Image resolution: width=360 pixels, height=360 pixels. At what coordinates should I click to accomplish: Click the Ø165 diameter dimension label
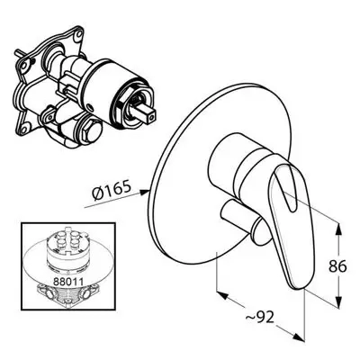112,191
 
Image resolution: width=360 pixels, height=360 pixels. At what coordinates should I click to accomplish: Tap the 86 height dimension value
337,265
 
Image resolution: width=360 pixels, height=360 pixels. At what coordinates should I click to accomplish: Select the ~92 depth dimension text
259,316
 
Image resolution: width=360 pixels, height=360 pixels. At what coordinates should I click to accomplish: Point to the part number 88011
67,281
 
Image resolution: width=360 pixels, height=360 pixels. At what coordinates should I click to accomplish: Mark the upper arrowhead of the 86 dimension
338,229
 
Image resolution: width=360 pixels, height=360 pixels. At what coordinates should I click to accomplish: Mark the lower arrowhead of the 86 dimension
338,301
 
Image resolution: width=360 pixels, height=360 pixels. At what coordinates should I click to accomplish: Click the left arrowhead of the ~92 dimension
222,295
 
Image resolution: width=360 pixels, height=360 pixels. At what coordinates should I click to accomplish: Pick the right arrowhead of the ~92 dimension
298,337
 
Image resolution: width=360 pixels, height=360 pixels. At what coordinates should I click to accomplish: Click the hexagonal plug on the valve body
91,130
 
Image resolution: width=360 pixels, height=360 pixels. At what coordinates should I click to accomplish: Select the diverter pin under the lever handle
242,220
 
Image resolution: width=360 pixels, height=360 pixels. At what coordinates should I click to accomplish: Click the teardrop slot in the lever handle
286,186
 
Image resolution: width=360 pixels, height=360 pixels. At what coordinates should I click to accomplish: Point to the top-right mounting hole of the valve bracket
78,34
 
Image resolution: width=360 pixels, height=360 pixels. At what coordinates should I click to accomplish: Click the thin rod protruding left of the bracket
19,54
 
